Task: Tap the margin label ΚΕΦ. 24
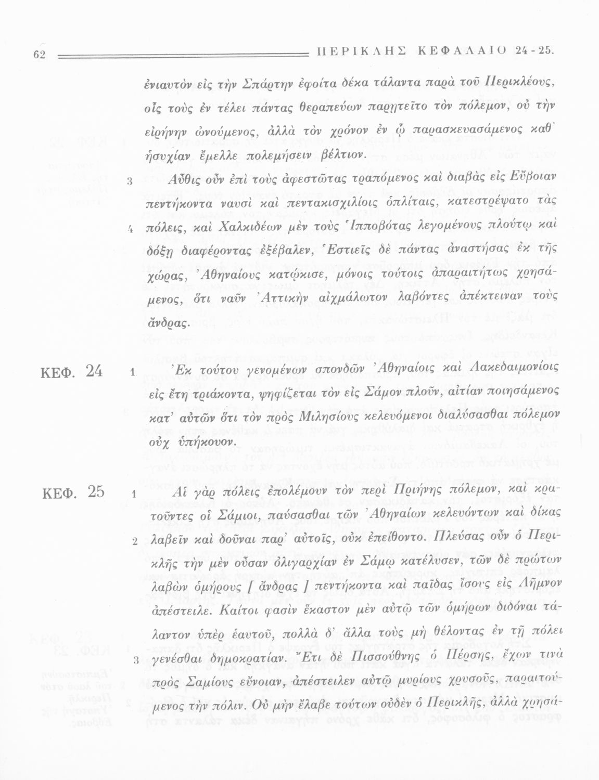[72, 372]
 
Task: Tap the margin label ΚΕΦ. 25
[72, 492]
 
